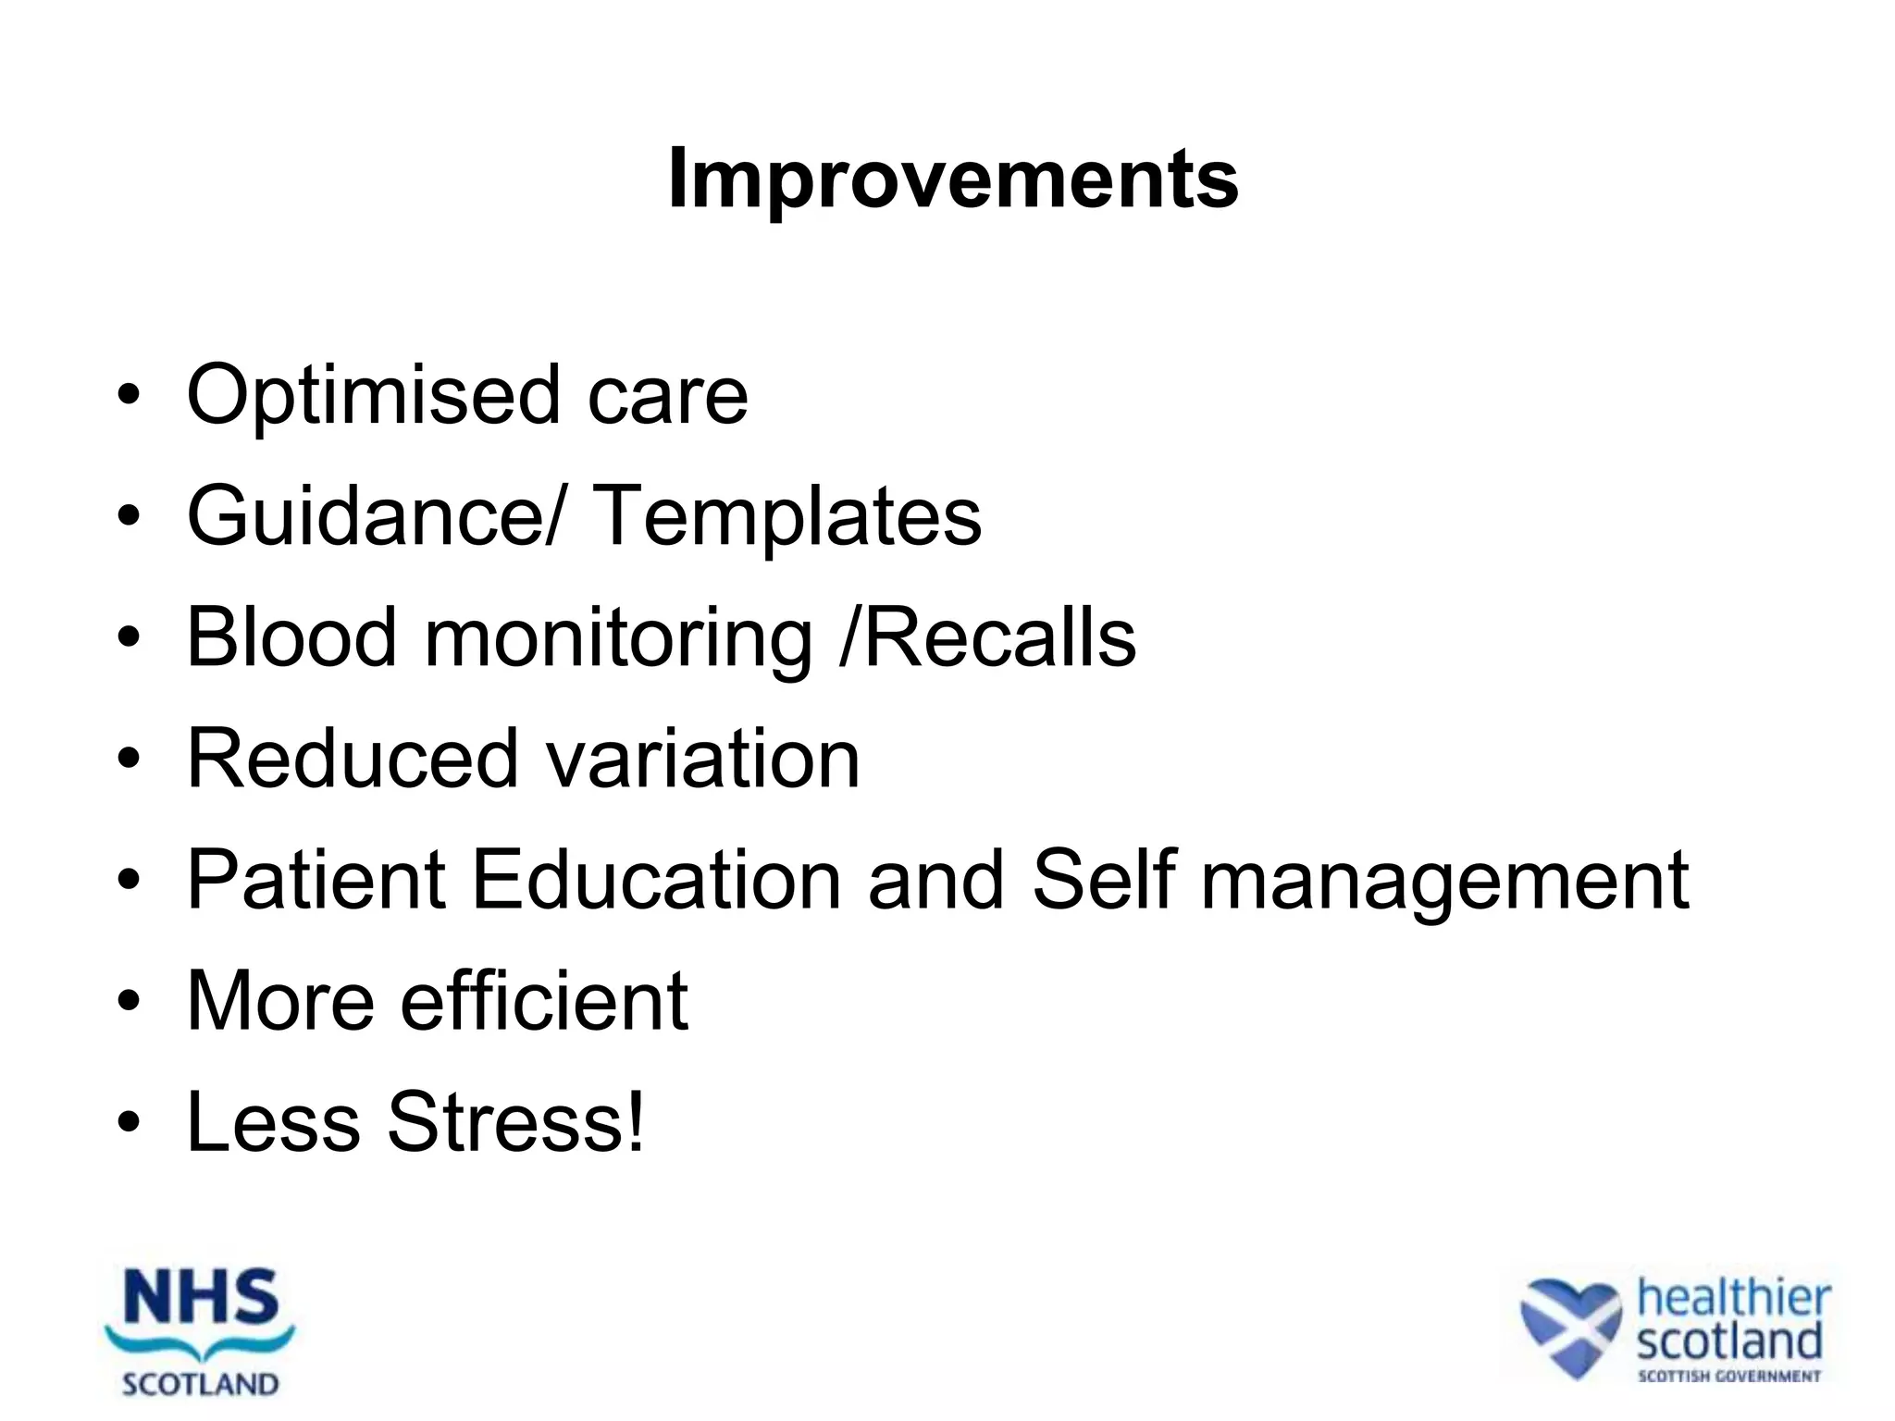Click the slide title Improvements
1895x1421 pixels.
coord(952,179)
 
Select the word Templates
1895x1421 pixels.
coord(786,516)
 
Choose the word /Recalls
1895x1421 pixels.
coord(986,637)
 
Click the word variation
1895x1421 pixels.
coord(703,759)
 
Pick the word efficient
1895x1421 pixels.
coord(544,1000)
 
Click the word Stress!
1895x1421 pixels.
coord(515,1121)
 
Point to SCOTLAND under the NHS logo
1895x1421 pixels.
coord(200,1385)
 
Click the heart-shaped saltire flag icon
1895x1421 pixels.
coord(1570,1326)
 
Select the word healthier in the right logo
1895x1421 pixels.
coord(1733,1298)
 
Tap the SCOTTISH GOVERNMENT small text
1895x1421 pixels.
coord(1728,1377)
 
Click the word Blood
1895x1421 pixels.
coord(291,637)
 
